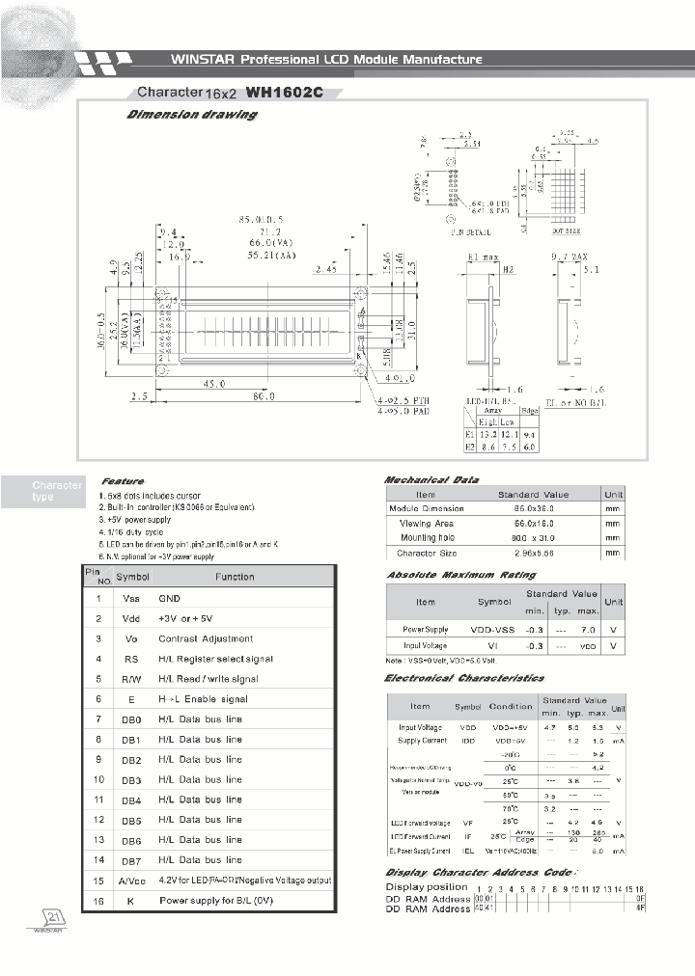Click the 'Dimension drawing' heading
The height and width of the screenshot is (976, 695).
pos(192,115)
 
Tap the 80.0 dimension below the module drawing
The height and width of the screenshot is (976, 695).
pos(262,396)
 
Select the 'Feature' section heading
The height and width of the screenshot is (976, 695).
pos(123,481)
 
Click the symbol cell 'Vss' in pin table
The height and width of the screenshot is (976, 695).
pos(130,599)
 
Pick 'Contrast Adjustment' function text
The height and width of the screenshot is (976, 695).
pos(206,638)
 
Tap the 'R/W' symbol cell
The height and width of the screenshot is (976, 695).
pos(130,679)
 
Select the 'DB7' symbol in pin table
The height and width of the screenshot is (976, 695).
pos(131,860)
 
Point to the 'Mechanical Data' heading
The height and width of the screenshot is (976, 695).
pos(431,479)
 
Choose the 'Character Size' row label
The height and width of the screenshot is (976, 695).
pos(427,554)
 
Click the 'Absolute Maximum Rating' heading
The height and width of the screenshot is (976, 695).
pos(448,576)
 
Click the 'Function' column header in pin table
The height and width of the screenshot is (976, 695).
pos(235,577)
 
